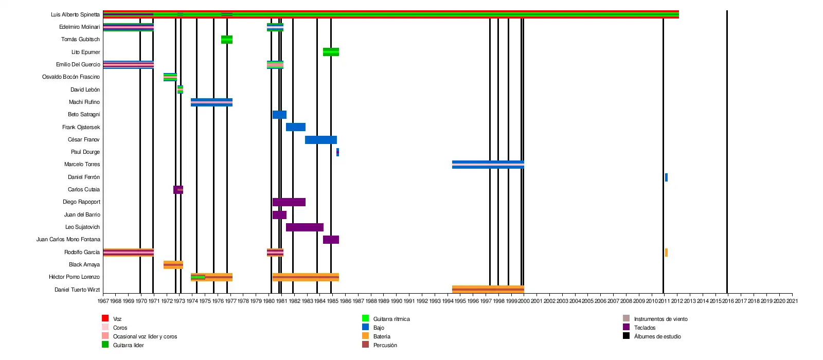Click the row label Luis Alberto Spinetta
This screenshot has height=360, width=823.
click(x=75, y=14)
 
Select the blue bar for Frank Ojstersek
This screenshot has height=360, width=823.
click(x=296, y=127)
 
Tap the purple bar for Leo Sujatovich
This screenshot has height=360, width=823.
click(x=305, y=227)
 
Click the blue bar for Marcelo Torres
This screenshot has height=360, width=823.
click(x=488, y=165)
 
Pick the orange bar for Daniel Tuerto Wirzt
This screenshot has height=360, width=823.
click(x=488, y=290)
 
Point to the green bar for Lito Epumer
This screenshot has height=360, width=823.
click(x=331, y=52)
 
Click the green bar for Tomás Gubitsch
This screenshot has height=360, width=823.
click(x=227, y=40)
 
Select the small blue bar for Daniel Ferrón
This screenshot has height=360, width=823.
click(x=666, y=177)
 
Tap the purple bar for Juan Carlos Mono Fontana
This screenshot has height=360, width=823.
click(x=331, y=240)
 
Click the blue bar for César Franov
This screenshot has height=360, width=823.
click(x=321, y=140)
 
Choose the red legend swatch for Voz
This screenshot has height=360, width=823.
click(x=105, y=318)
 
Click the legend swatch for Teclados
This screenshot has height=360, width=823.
click(x=626, y=327)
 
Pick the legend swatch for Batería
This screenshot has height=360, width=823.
click(x=366, y=336)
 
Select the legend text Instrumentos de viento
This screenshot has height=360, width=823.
click(x=660, y=319)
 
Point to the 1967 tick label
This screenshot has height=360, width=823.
click(x=103, y=301)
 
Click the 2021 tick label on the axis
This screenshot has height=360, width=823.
click(x=792, y=301)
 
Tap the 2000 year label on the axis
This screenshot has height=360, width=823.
click(x=524, y=301)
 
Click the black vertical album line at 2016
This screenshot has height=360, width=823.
click(x=727, y=154)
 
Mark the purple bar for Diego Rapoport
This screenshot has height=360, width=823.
click(x=289, y=202)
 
